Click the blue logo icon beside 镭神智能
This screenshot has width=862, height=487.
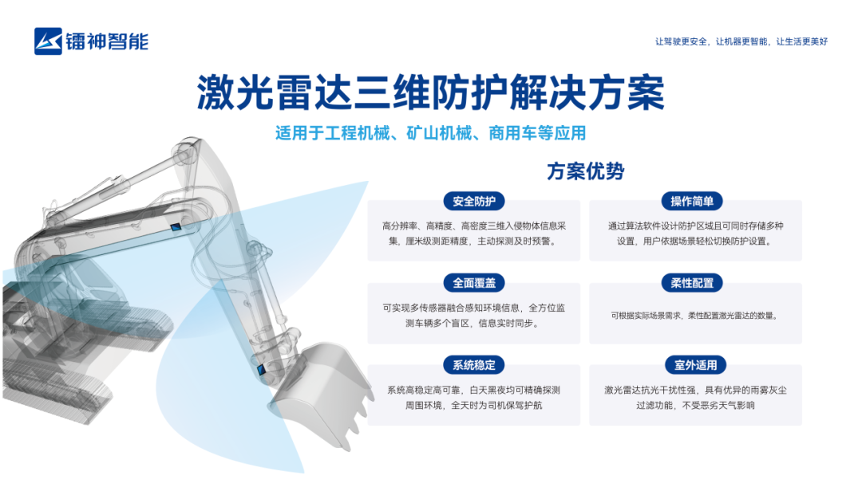point(48,41)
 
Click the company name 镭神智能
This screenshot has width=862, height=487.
point(107,41)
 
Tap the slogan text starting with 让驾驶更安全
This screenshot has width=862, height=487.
point(741,41)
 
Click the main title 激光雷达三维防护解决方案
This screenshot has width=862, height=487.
point(430,92)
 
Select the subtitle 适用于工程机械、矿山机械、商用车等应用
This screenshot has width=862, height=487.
point(430,133)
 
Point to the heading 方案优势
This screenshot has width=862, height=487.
point(586,171)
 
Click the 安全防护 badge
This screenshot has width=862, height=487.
point(474,202)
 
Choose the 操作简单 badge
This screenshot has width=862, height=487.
point(692,202)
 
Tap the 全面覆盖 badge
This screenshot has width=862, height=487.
point(474,283)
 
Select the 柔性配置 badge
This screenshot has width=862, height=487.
point(692,283)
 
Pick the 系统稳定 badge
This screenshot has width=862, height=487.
point(474,365)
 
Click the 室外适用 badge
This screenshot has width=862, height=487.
point(695,365)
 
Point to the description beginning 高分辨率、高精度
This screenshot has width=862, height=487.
point(474,234)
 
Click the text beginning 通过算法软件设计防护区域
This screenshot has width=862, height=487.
point(695,234)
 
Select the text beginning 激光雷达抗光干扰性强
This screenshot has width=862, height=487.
point(695,398)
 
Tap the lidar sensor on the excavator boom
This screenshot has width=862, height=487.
point(176,226)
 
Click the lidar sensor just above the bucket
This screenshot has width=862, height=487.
point(261,370)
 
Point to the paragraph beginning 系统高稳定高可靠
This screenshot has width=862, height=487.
point(474,398)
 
